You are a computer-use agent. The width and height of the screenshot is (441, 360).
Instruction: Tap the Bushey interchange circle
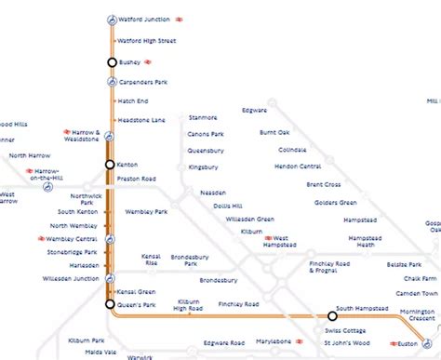(x=112, y=62)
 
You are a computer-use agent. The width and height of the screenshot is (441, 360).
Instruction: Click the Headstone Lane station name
(x=141, y=120)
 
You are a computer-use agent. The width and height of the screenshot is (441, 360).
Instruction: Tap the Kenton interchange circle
(x=111, y=165)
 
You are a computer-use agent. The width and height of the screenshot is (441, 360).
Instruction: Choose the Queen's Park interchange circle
(x=111, y=304)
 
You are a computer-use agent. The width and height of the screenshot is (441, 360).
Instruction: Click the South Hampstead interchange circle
(x=332, y=315)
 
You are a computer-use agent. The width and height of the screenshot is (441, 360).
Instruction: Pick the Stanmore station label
(x=202, y=118)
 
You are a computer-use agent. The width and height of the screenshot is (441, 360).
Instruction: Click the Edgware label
(x=253, y=111)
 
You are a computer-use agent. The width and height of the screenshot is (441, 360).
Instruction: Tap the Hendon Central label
(x=299, y=166)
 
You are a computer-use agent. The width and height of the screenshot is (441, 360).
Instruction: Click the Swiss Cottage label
(x=345, y=331)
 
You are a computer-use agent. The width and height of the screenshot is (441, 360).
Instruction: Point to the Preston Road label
(x=136, y=179)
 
